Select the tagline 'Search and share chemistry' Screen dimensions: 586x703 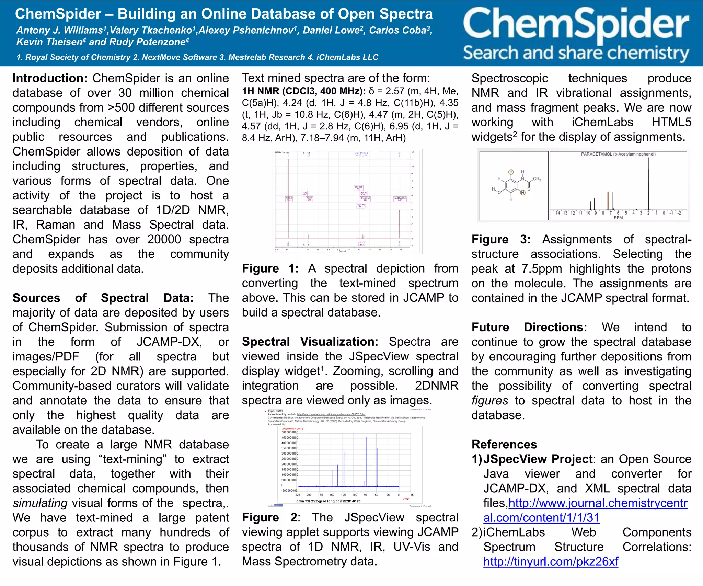(576, 53)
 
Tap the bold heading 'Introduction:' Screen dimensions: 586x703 (50, 78)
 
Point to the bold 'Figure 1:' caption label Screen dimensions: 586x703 (270, 268)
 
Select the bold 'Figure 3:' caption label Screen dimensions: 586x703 (501, 239)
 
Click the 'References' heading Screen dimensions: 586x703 (504, 444)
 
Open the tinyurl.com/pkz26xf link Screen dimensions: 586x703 (551, 562)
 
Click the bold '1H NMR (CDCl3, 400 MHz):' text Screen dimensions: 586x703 (303, 91)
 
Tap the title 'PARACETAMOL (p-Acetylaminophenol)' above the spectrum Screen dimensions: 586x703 (618, 154)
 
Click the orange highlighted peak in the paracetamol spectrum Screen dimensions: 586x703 (608, 201)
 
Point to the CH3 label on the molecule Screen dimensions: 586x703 (537, 179)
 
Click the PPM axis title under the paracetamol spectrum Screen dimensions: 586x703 (618, 218)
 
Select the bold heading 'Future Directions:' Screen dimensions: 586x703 (529, 327)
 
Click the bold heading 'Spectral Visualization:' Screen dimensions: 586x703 (310, 342)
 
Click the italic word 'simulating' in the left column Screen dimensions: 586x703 (40, 503)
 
